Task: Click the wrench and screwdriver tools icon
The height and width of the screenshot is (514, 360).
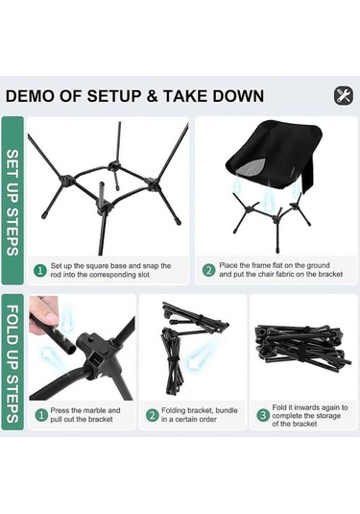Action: click(x=344, y=96)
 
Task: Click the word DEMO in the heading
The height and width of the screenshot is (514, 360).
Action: click(x=30, y=96)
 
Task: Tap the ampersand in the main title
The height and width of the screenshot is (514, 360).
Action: click(x=151, y=96)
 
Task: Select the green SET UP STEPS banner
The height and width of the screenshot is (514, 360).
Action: click(x=12, y=200)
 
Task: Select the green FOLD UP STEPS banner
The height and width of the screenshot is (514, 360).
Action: click(x=12, y=362)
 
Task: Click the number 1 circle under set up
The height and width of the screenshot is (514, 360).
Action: click(x=40, y=271)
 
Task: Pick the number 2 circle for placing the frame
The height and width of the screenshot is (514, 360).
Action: click(x=208, y=270)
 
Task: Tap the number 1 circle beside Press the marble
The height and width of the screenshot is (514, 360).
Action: click(x=40, y=415)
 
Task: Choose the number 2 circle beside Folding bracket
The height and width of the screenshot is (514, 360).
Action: click(x=152, y=415)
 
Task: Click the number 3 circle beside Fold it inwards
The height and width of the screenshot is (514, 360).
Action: click(x=263, y=415)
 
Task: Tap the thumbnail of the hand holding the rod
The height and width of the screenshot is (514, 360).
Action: click(x=82, y=348)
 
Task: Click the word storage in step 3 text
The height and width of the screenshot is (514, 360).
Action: click(x=325, y=416)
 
